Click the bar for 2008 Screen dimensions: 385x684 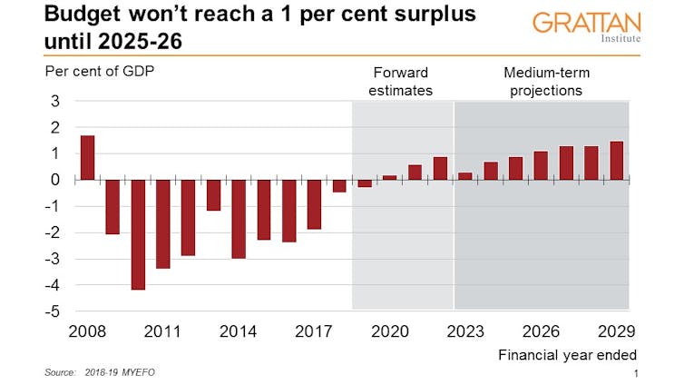(x=87, y=158)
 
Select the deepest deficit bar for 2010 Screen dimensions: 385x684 (x=138, y=234)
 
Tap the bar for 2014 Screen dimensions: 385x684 (x=239, y=219)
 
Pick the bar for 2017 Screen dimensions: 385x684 (x=314, y=204)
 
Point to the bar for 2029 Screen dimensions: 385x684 (x=617, y=161)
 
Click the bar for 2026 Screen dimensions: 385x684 (x=541, y=165)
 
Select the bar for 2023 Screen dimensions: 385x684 (x=465, y=176)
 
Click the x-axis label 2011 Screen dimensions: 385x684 (x=163, y=331)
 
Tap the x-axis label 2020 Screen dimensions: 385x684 (x=390, y=331)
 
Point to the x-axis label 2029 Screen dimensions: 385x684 (x=617, y=331)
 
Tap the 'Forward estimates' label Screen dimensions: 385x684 (x=403, y=82)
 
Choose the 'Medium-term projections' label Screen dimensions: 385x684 (x=542, y=82)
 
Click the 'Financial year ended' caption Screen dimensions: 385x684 (x=567, y=355)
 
